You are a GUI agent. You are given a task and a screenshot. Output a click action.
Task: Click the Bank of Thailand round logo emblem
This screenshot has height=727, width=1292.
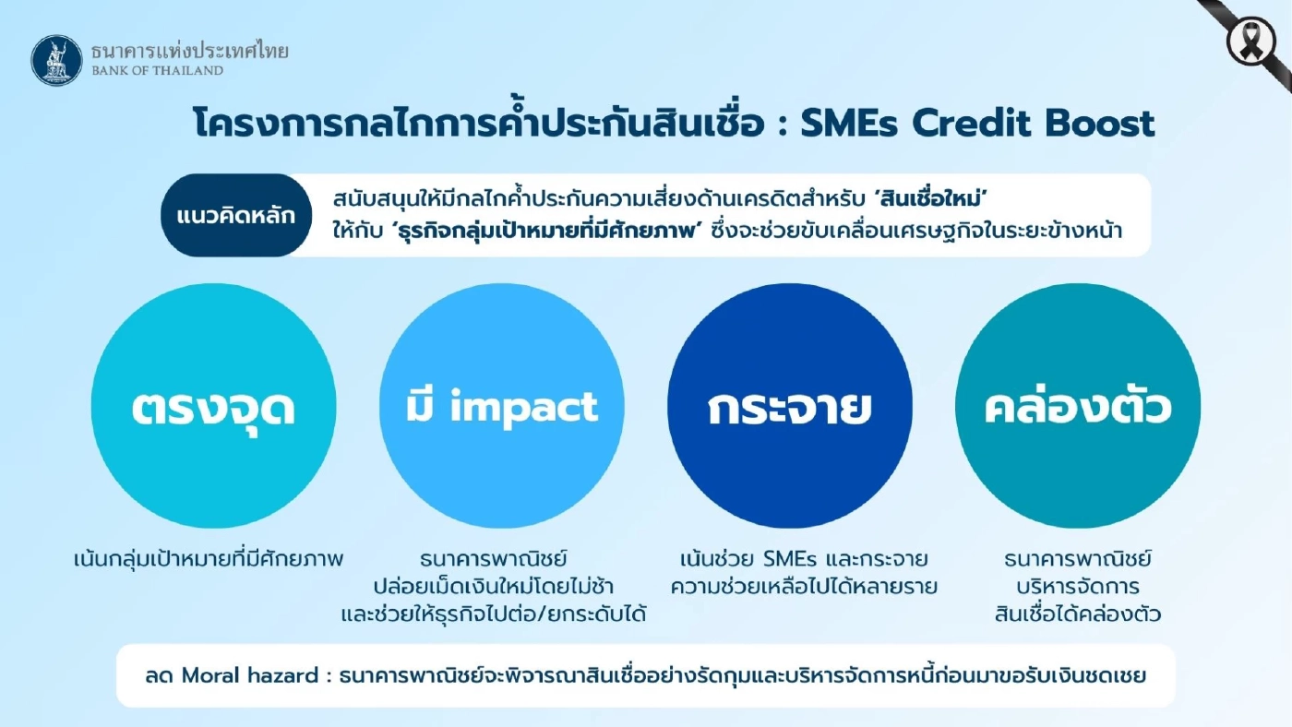coord(57,60)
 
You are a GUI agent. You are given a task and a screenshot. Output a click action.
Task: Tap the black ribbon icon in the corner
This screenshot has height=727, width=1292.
coord(1250,42)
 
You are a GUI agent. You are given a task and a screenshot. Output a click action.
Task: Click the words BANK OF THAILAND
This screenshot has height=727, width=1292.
coord(157,70)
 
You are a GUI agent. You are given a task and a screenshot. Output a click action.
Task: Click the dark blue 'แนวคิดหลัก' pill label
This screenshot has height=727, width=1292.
coord(235,216)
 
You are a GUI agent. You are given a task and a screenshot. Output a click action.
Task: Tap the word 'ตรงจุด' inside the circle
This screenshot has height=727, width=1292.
coord(213,408)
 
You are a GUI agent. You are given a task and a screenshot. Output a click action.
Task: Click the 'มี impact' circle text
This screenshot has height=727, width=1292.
coord(502,408)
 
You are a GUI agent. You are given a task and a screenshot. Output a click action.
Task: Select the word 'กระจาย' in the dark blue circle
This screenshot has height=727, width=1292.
coord(789,408)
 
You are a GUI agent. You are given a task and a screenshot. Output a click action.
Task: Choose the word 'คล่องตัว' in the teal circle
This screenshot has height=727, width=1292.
coord(1078,408)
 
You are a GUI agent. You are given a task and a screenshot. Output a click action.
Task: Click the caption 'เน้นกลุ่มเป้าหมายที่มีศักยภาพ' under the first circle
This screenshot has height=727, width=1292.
coord(209,559)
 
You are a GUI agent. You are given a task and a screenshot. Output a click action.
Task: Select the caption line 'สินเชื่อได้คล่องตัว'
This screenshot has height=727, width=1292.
coord(1077,614)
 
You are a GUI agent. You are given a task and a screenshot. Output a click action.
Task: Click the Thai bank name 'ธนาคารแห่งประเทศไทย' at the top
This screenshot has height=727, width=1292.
coord(189,51)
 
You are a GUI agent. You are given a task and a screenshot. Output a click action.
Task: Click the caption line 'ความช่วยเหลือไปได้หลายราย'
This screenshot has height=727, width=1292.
coord(804,587)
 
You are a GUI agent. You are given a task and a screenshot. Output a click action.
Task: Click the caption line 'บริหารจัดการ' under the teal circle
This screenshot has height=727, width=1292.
coord(1077,587)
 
